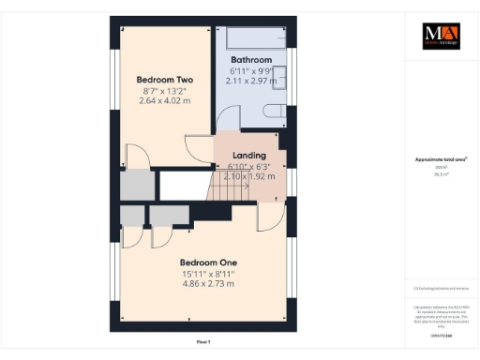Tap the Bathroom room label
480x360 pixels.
252,58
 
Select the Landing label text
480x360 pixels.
248,156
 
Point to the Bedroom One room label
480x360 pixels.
207,262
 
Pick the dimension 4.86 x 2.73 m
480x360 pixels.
207,283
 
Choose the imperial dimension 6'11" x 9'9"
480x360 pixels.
251,70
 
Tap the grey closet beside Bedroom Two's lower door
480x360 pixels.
136,185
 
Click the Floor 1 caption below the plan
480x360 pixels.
203,342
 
